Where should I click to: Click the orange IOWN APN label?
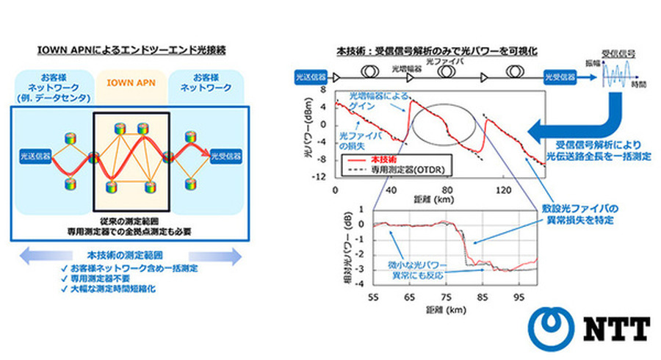[x=131, y=82]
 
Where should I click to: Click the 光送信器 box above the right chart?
[x=310, y=75]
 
